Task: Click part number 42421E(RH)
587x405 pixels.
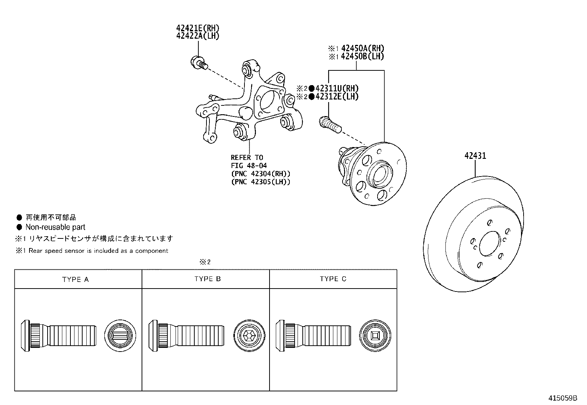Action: pyautogui.click(x=198, y=28)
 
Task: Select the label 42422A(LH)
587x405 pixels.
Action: pyautogui.click(x=198, y=36)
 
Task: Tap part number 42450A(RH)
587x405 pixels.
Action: pyautogui.click(x=362, y=48)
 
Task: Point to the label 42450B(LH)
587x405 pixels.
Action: pyautogui.click(x=362, y=56)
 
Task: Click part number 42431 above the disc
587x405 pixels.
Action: pyautogui.click(x=475, y=156)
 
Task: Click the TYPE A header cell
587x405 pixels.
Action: pyautogui.click(x=76, y=279)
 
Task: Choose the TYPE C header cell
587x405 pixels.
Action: pyautogui.click(x=333, y=279)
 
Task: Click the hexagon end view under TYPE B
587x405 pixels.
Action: pyautogui.click(x=249, y=335)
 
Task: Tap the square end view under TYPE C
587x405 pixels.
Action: pyautogui.click(x=375, y=335)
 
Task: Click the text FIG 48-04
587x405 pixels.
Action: pyautogui.click(x=249, y=166)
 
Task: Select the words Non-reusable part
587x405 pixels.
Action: pyautogui.click(x=55, y=227)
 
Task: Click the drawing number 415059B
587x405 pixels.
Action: pyautogui.click(x=562, y=398)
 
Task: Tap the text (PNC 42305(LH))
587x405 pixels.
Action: pyautogui.click(x=261, y=182)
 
